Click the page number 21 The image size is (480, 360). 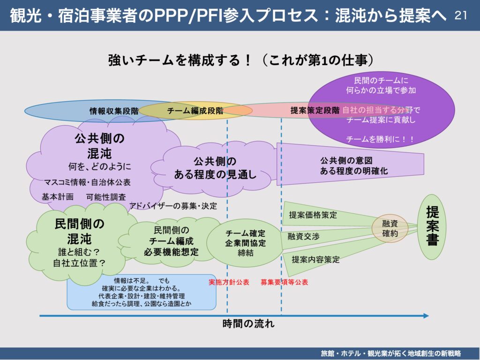461,15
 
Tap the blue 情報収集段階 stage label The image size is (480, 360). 114,111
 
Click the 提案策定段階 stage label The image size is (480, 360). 315,111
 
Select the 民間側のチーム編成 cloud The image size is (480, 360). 171,241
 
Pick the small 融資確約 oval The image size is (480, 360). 390,228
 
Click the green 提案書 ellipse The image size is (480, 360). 432,227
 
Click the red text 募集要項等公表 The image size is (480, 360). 284,282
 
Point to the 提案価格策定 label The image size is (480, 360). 313,215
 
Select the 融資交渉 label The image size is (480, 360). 303,237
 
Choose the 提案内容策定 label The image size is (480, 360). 315,259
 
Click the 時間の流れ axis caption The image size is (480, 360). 248,323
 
